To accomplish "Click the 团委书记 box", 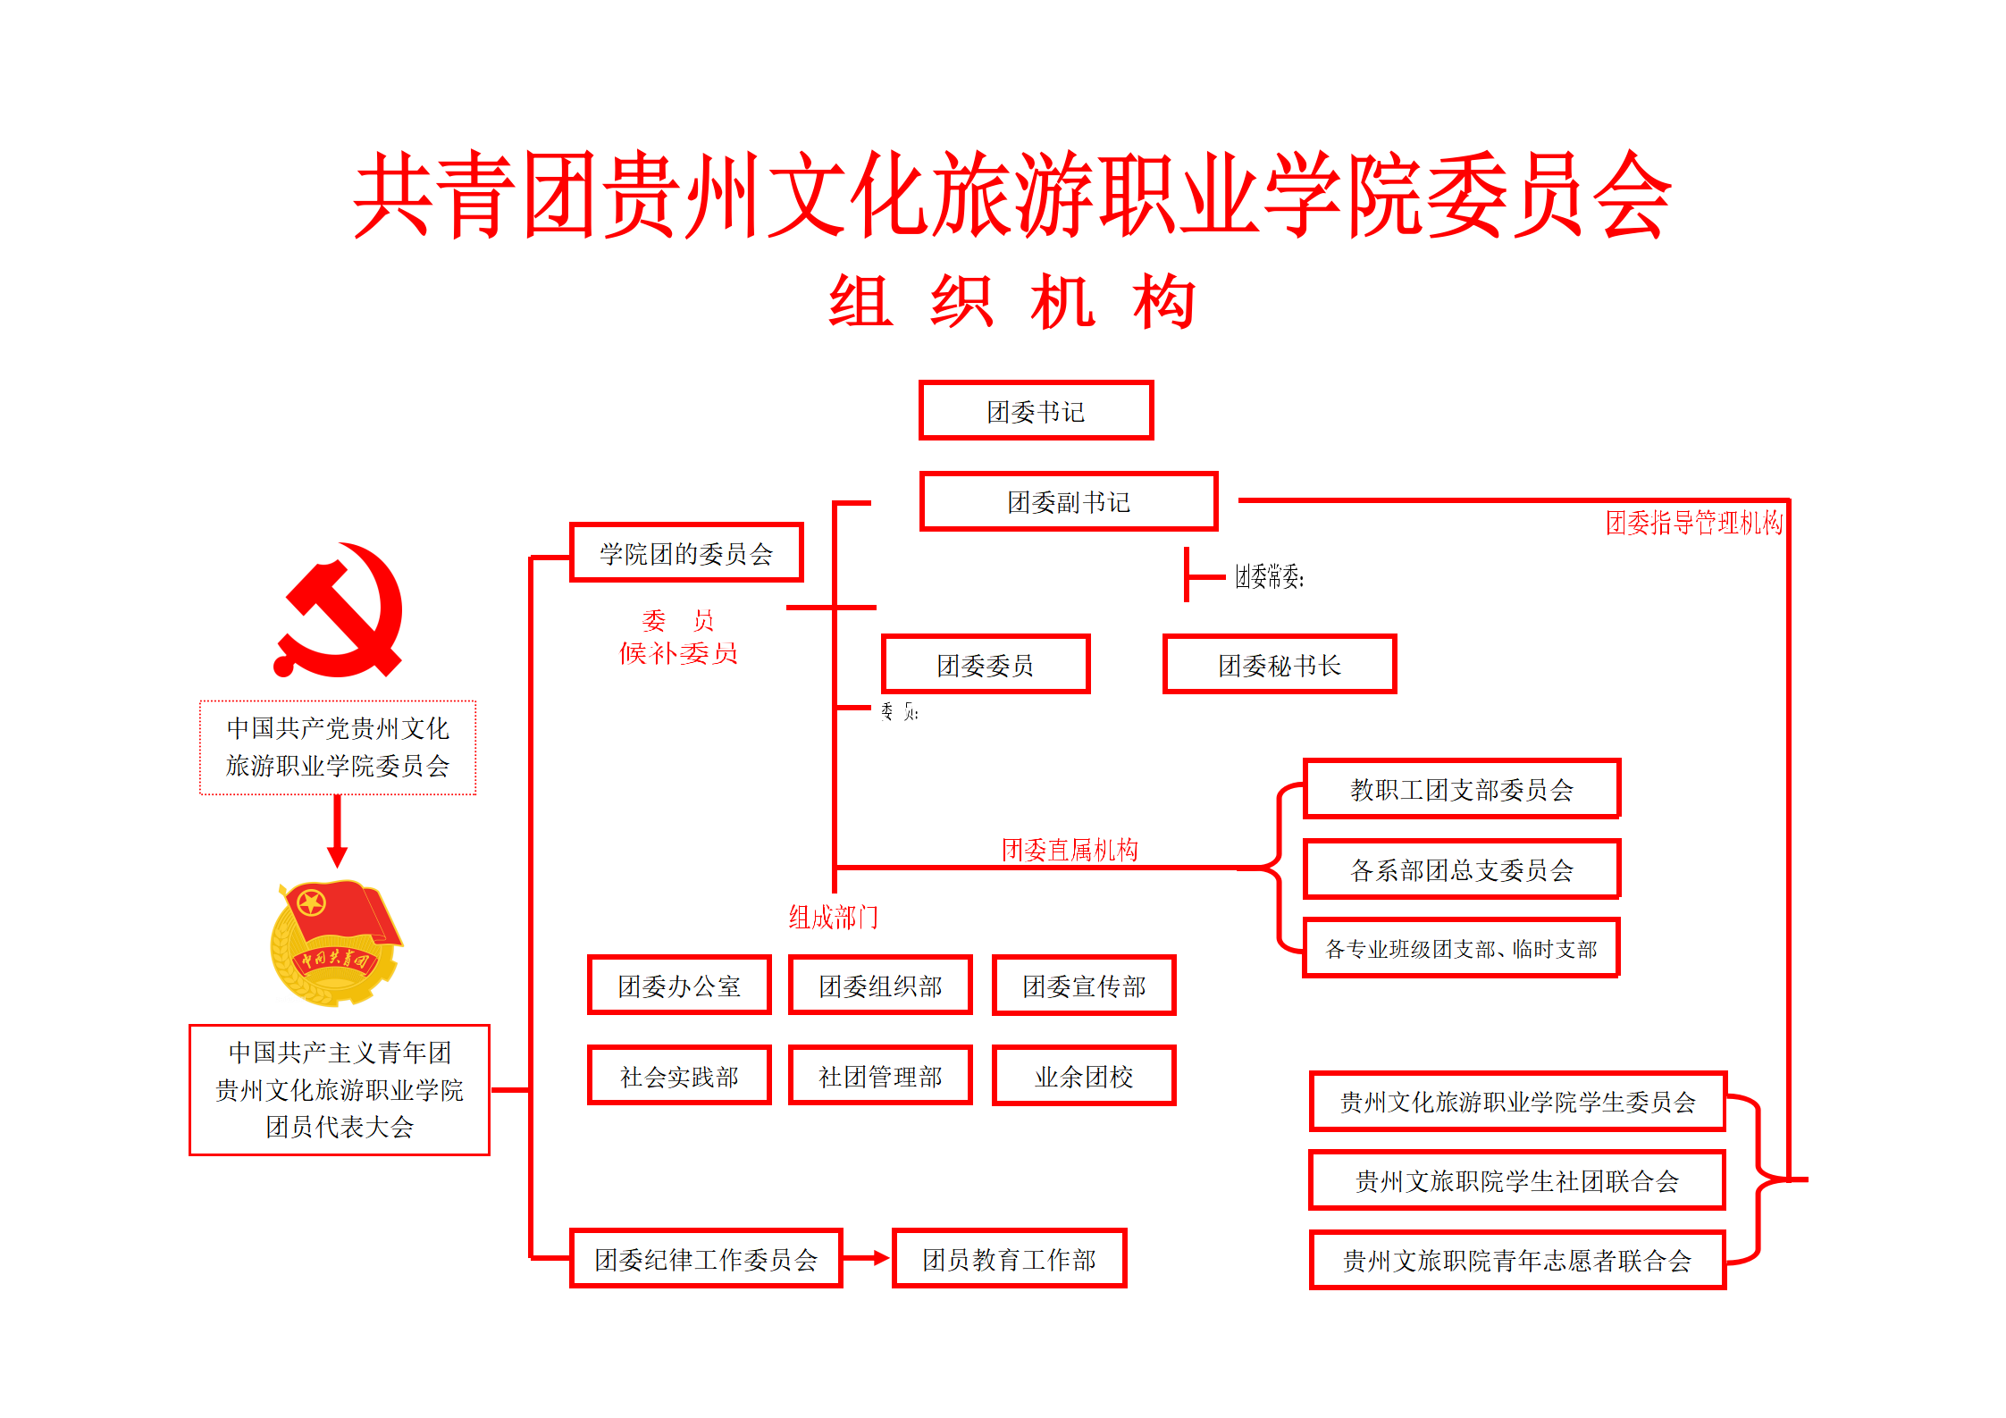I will pos(1036,411).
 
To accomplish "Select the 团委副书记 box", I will pos(1069,502).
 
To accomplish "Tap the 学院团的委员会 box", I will pos(686,553).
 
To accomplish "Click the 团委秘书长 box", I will pos(1279,665).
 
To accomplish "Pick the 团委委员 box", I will pos(985,665).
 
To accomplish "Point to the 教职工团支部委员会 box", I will pos(1461,789).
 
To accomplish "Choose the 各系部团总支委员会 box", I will pos(1461,869).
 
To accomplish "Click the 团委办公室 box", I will pos(679,986).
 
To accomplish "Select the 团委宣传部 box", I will pos(1084,986).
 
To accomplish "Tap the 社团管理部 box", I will pos(880,1076).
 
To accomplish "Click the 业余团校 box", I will pos(1084,1076).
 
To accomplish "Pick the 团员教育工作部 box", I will pos(1009,1259).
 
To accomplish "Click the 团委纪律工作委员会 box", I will pos(706,1259).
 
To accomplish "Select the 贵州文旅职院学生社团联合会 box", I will pos(1517,1181).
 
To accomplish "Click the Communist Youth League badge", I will pos(336,943).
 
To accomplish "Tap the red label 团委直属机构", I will pos(1070,850).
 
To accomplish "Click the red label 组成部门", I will pos(833,918).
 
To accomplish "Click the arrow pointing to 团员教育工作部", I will pos(867,1258).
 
